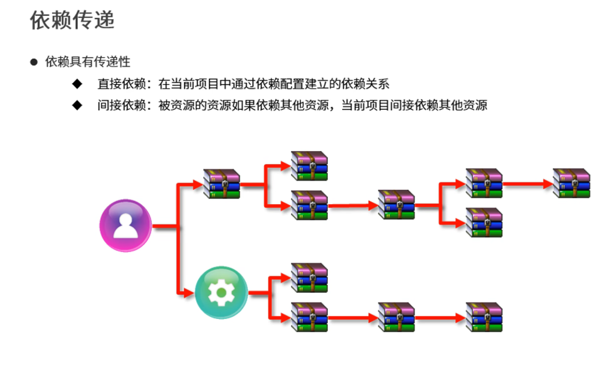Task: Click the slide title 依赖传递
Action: click(x=72, y=21)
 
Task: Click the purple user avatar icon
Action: click(x=125, y=225)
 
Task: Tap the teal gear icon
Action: click(x=221, y=292)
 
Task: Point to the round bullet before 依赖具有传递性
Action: click(x=34, y=62)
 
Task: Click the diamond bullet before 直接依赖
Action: click(x=77, y=84)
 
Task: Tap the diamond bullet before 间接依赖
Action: click(x=77, y=105)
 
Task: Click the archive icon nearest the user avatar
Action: click(x=221, y=183)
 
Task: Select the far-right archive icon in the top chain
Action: click(x=571, y=183)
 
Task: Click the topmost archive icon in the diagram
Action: click(x=309, y=166)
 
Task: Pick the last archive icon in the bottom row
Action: click(x=484, y=317)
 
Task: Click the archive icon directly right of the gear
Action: click(x=309, y=277)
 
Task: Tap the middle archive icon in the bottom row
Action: click(x=396, y=317)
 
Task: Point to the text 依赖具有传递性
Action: click(x=88, y=62)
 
